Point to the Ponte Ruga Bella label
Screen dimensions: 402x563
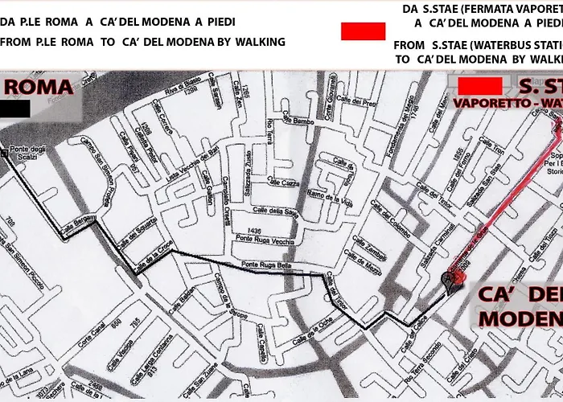pyautogui.click(x=265, y=269)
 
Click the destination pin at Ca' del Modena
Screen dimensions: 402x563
pyautogui.click(x=448, y=280)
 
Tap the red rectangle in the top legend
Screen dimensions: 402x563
pyautogui.click(x=364, y=31)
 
